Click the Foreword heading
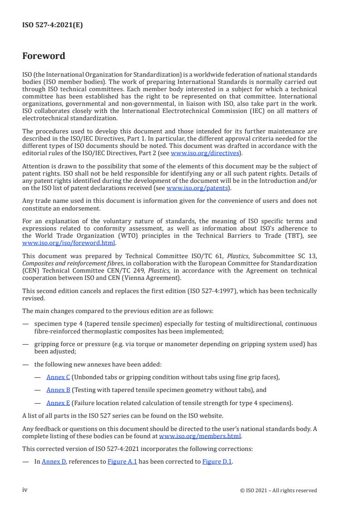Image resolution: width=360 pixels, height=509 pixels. (44, 56)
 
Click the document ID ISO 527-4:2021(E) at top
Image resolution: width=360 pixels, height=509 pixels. (53, 25)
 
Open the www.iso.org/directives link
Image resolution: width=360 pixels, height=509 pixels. (205, 153)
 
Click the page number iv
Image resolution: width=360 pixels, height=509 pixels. (25, 489)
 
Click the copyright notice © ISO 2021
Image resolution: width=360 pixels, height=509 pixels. (278, 490)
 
